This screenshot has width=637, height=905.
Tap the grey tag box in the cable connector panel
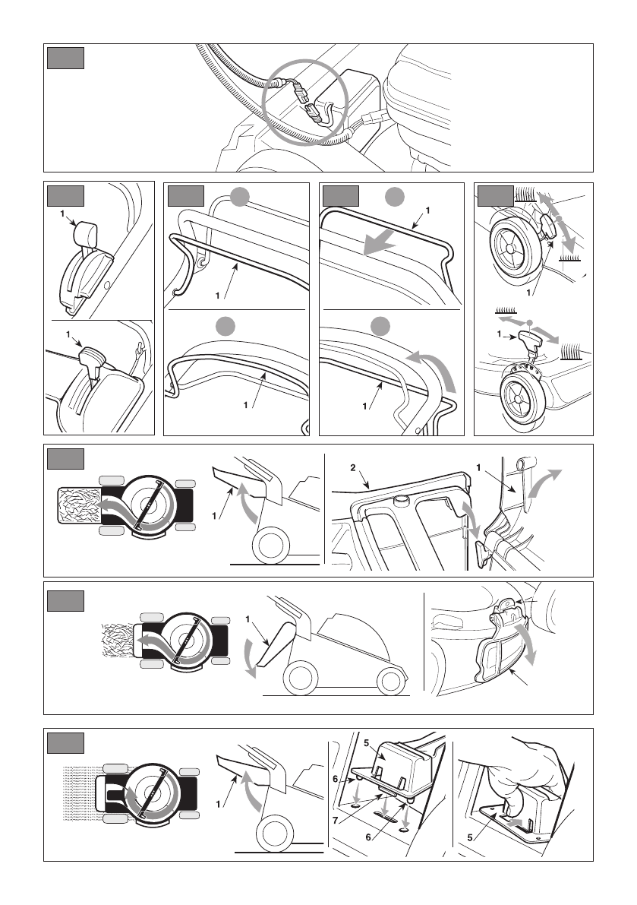(x=64, y=58)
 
